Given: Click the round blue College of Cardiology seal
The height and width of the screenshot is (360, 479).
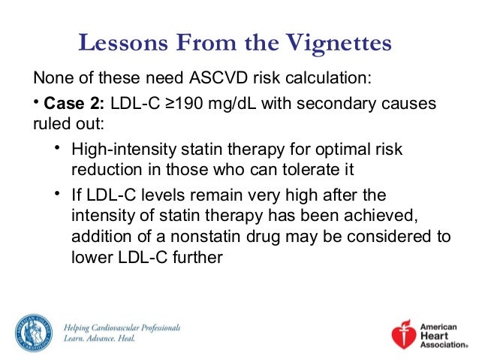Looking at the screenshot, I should coord(32,331).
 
